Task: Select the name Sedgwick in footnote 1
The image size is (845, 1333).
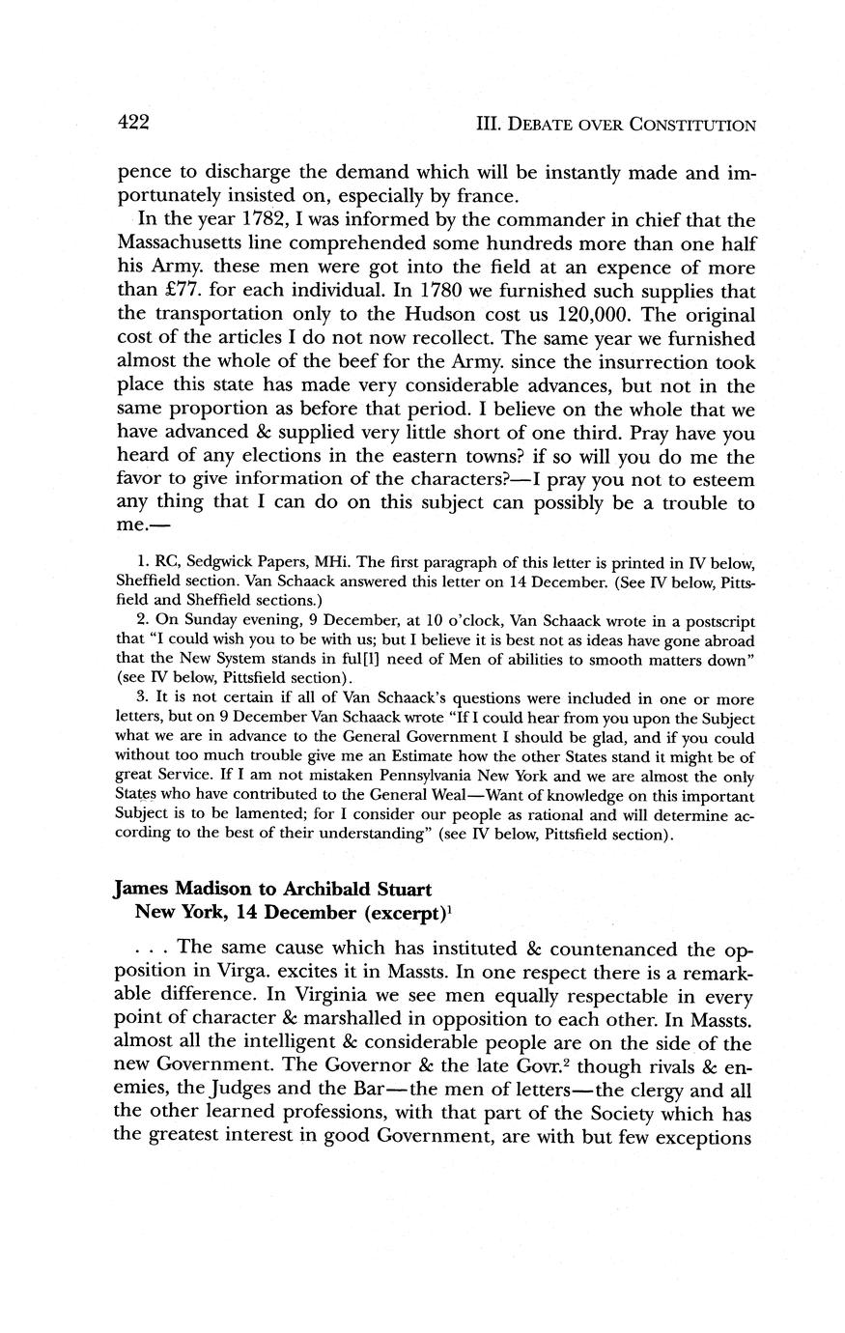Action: [x=203, y=563]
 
